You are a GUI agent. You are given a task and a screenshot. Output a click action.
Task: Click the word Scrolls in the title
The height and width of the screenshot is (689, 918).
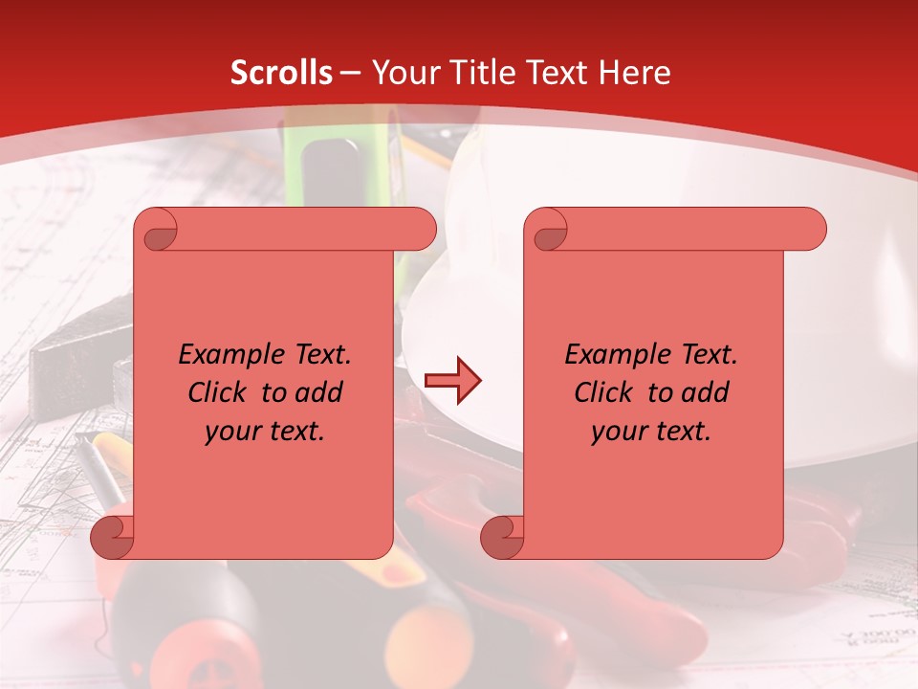coord(281,72)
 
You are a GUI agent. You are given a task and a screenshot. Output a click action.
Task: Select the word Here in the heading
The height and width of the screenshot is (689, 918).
coord(635,72)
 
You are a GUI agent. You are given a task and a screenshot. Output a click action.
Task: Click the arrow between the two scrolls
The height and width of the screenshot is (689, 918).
coord(452,381)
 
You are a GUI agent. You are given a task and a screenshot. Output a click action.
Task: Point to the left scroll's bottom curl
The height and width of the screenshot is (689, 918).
coord(112,537)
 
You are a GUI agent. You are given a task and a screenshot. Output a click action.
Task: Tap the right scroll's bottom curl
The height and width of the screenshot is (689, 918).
coord(502,537)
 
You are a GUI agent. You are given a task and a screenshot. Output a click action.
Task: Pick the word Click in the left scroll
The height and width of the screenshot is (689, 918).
coord(218,392)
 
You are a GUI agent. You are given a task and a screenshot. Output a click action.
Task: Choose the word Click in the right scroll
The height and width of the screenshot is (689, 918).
coord(603,392)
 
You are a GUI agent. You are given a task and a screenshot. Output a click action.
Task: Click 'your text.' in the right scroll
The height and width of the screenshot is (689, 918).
coord(651,432)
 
